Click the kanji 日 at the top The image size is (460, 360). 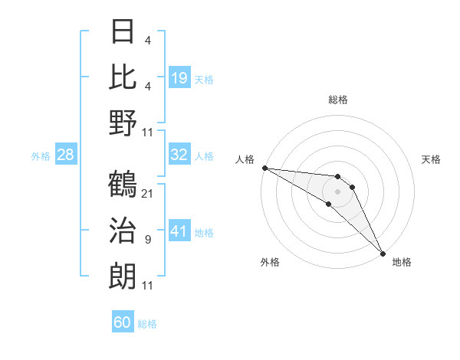pos(123,32)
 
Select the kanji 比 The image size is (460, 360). pos(123,77)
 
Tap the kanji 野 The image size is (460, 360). pos(123,122)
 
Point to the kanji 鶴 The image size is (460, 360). pos(123,185)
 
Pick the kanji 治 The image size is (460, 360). pos(123,231)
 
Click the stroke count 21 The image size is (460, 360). pos(148,193)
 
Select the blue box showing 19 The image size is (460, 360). pos(179,77)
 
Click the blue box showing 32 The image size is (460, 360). pos(179,155)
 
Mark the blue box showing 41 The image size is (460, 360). pos(179,231)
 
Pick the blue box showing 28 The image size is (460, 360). pos(65,155)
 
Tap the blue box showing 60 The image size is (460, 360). pos(123,322)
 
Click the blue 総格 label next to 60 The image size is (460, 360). pos(148,324)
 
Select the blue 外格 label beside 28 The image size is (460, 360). pos(41,156)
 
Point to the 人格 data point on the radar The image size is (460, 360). pos(264,168)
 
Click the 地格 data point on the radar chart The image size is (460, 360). pos(382,253)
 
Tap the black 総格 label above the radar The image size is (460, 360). pos(338,100)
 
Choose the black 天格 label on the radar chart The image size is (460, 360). pos(432,159)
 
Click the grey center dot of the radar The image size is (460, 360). pos(338,191)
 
